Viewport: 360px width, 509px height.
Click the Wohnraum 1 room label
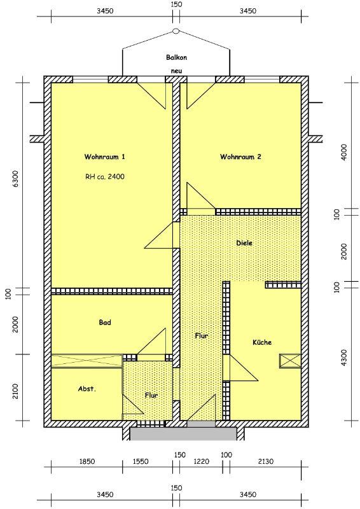[x=104, y=157]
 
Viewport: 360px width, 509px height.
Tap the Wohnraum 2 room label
[x=240, y=157]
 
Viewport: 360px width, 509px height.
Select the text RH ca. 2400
[x=105, y=177]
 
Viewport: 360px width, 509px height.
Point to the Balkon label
[x=177, y=57]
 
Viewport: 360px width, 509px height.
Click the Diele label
[x=244, y=243]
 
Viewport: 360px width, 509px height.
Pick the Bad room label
[x=105, y=323]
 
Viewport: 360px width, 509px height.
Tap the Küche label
[x=262, y=342]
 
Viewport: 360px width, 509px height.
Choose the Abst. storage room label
[x=87, y=389]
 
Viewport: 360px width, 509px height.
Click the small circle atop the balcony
[x=176, y=31]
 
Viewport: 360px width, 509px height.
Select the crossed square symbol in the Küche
[x=290, y=361]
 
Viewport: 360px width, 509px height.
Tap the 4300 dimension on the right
[x=345, y=358]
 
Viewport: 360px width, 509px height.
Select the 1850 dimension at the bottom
[x=87, y=461]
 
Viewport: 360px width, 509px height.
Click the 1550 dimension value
[x=141, y=461]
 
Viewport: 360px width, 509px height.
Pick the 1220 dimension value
[x=201, y=461]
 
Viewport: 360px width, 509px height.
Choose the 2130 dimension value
[x=265, y=461]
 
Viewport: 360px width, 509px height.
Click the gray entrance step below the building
[x=183, y=434]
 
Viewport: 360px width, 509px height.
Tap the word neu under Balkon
[x=177, y=71]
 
